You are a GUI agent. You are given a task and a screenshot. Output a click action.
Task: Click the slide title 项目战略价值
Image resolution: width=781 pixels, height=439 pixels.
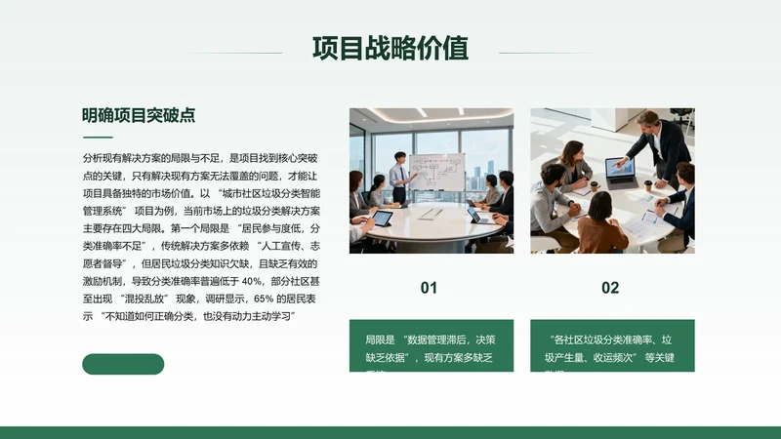[x=390, y=48]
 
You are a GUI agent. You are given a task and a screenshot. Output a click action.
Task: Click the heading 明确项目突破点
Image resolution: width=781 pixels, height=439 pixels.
[x=138, y=115]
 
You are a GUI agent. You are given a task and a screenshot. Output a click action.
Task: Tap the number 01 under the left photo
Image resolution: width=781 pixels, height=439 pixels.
[x=430, y=288]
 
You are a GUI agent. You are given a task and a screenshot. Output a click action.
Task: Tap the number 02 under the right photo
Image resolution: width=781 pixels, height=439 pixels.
[x=610, y=288]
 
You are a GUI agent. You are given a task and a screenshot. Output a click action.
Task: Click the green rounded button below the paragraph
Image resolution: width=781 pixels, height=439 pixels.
[x=123, y=364]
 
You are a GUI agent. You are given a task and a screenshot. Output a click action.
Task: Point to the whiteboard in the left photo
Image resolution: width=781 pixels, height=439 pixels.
[x=436, y=172]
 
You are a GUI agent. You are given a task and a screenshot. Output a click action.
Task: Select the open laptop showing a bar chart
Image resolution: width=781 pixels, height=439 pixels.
[x=621, y=173]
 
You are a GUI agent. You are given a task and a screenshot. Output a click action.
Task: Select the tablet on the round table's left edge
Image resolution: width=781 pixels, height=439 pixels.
[x=382, y=218]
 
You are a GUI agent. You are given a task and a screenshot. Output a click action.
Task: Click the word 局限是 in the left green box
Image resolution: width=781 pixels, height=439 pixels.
[x=379, y=340]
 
